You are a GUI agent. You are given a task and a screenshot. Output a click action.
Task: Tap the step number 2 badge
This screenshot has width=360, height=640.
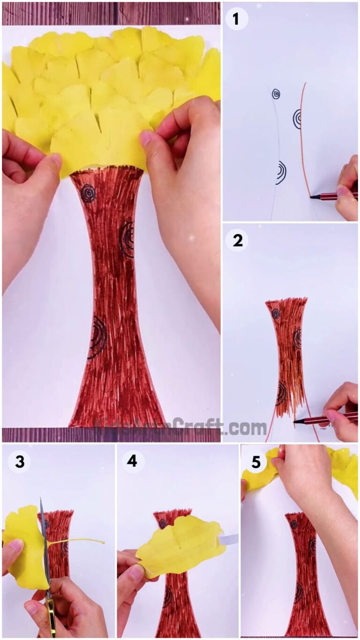click(237, 241)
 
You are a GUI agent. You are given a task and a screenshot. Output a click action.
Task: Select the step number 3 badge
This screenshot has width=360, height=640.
click(19, 462)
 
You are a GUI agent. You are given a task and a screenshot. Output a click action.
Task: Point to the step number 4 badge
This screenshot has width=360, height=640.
click(133, 462)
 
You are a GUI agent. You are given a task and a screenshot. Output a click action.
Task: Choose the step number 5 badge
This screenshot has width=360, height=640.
click(256, 462)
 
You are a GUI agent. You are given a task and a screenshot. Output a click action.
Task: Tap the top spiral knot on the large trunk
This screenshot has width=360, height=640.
click(88, 193)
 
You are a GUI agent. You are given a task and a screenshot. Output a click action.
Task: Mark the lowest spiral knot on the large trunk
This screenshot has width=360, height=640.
click(98, 337)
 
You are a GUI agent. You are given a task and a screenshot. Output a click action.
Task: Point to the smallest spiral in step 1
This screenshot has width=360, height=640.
click(276, 94)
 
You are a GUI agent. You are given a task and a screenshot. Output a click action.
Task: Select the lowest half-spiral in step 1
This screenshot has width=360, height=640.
click(281, 172)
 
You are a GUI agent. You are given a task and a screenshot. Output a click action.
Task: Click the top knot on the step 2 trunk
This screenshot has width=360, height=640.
click(276, 314)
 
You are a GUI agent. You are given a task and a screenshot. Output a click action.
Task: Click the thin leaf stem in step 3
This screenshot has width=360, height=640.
click(80, 542)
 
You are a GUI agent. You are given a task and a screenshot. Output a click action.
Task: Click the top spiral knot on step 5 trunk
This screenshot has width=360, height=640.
click(294, 524)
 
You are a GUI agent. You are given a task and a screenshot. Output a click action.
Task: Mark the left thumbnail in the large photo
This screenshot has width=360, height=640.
click(56, 161)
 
